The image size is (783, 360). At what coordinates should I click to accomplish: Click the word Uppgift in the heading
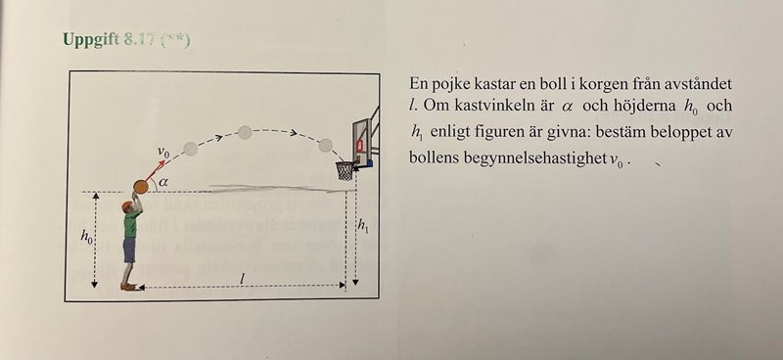click(x=91, y=39)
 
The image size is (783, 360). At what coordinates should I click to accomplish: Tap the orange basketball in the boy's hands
click(x=141, y=187)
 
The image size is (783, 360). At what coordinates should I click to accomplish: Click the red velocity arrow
click(x=155, y=171)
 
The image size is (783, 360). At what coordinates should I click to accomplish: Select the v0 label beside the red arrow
click(x=163, y=153)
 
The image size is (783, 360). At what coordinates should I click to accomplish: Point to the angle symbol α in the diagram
click(x=162, y=183)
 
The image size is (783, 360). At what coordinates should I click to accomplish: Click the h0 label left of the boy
click(x=87, y=236)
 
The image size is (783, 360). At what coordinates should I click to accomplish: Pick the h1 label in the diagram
click(x=362, y=225)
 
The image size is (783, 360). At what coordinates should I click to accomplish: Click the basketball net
click(x=345, y=170)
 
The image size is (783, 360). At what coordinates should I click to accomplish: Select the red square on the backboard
click(x=359, y=146)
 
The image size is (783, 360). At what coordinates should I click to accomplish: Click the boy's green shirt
click(x=131, y=223)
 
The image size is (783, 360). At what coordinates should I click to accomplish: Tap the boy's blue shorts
click(x=129, y=249)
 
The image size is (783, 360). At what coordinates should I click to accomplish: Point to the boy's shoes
click(x=129, y=287)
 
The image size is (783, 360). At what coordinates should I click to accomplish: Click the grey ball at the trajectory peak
click(x=245, y=132)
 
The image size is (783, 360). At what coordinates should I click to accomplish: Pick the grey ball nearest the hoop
click(x=326, y=146)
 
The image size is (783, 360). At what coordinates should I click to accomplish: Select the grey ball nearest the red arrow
click(x=191, y=149)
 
